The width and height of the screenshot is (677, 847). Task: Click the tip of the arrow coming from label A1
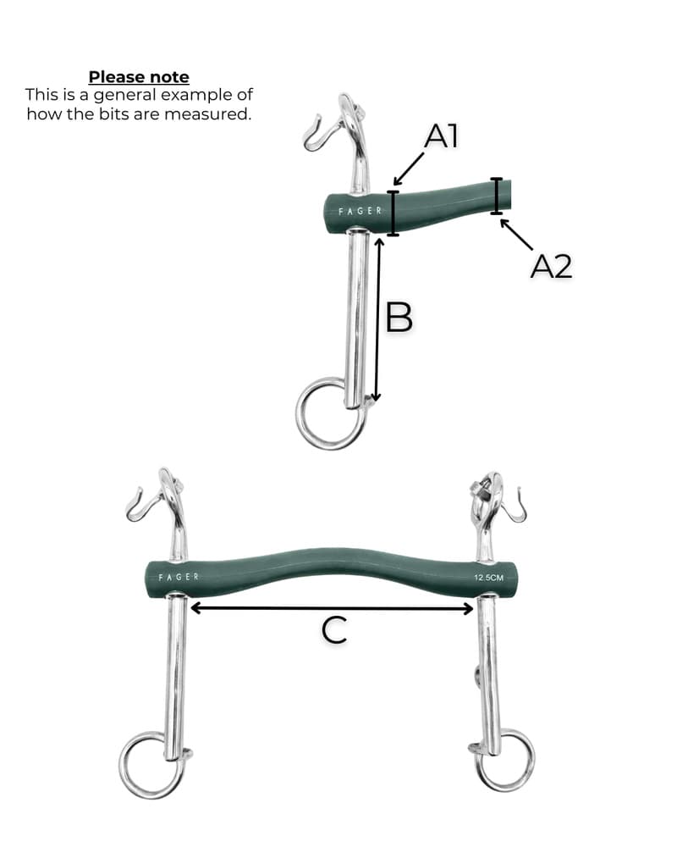394,185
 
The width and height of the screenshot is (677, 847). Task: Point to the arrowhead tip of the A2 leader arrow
501,219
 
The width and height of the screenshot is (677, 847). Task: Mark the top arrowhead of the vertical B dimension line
379,239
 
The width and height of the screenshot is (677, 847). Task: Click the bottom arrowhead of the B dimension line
377,401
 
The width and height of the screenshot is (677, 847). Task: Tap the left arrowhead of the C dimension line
190,608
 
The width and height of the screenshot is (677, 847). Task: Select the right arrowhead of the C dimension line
474,609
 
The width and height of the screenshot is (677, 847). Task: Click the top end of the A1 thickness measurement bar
393,191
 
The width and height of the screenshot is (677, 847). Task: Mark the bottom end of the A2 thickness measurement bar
496,213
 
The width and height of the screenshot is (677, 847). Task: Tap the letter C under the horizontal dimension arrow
334,630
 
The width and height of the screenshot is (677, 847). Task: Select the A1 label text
441,136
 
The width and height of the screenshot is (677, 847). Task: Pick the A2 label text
551,266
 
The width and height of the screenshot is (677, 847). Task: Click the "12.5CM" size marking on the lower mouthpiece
488,578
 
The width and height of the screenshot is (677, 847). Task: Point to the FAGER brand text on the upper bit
361,211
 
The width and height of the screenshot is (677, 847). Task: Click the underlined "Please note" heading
139,77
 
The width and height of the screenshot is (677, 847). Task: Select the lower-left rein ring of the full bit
151,766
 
